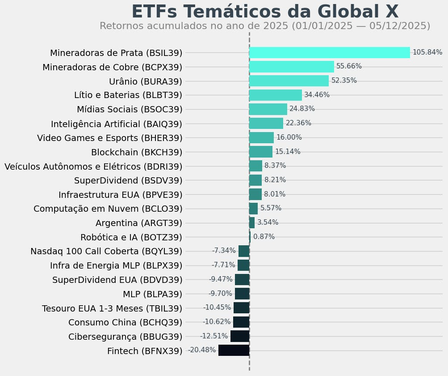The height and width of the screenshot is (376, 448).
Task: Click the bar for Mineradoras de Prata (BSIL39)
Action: [329, 53]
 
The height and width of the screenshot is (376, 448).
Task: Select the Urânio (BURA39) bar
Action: [289, 81]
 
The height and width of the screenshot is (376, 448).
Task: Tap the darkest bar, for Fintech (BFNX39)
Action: [234, 350]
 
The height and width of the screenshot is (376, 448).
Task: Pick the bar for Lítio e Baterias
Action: [275, 95]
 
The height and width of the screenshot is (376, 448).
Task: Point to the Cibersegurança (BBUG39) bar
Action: [240, 336]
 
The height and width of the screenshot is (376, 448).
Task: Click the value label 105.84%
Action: [427, 52]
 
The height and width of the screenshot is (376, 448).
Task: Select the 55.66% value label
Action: [349, 66]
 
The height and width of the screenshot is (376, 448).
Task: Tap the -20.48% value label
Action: [202, 350]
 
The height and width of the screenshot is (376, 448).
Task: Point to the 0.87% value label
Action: [264, 237]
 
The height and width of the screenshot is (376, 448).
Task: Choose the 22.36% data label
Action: [298, 123]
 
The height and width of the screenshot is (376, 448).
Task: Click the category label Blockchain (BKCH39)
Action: [137, 152]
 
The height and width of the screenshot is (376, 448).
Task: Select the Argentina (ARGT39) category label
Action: [139, 223]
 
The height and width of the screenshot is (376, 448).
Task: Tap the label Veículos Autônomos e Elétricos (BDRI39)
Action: [93, 167]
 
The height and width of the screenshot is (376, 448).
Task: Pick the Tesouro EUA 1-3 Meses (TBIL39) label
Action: [112, 308]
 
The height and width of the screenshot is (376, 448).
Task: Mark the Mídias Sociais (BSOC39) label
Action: [130, 109]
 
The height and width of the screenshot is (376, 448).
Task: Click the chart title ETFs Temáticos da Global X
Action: [265, 12]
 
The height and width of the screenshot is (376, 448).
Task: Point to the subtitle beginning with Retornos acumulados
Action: [265, 26]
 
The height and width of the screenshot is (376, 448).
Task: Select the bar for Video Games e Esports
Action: [261, 137]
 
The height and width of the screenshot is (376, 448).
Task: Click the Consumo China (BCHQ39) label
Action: [126, 322]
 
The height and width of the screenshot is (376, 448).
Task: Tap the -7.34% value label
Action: [224, 251]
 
